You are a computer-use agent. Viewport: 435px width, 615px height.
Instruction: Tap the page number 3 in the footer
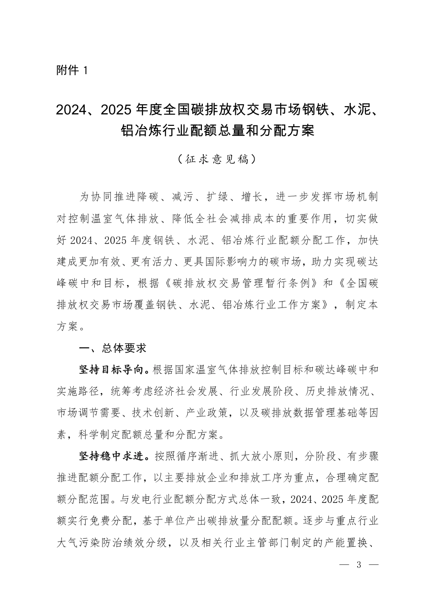(359, 565)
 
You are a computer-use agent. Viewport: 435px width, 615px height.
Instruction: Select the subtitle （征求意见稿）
(217, 159)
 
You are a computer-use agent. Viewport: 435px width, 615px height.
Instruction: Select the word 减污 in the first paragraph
(182, 197)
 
